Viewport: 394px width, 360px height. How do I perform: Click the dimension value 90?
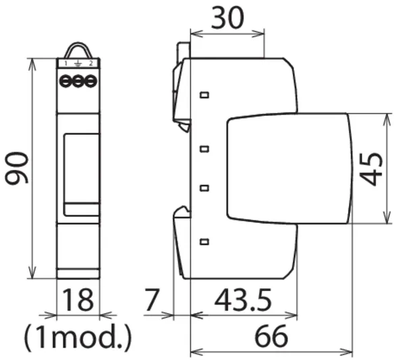point(17,168)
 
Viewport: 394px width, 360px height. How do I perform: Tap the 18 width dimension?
point(78,299)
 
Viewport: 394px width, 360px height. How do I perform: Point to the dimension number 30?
point(227,18)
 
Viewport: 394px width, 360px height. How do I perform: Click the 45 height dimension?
point(371,169)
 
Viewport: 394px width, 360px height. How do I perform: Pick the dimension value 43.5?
point(243,300)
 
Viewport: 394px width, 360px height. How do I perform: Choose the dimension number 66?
point(271,336)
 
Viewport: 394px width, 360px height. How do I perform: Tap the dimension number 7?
point(152,300)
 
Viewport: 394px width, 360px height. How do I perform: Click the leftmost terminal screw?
point(65,82)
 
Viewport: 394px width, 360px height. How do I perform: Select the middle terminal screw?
point(78,82)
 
